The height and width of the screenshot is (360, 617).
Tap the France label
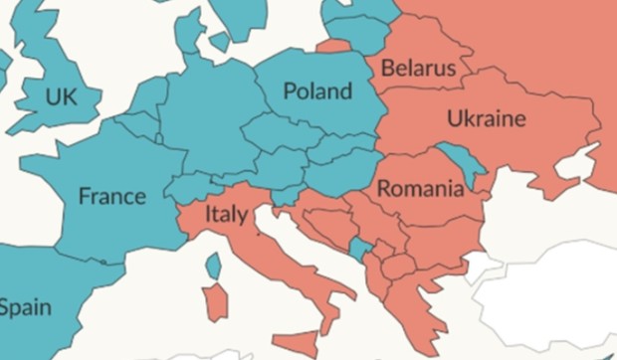pyautogui.click(x=111, y=196)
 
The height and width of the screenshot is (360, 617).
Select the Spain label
pyautogui.click(x=24, y=307)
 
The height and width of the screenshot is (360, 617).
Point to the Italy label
pyautogui.click(x=226, y=214)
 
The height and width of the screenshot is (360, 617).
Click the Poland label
pyautogui.click(x=317, y=91)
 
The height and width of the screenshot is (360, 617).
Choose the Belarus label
pyautogui.click(x=417, y=69)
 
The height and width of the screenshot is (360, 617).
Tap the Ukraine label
pyautogui.click(x=486, y=119)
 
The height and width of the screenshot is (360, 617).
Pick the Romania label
pyautogui.click(x=419, y=188)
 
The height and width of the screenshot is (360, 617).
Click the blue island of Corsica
pyautogui.click(x=213, y=266)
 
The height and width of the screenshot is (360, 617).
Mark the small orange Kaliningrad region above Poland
pyautogui.click(x=333, y=46)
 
